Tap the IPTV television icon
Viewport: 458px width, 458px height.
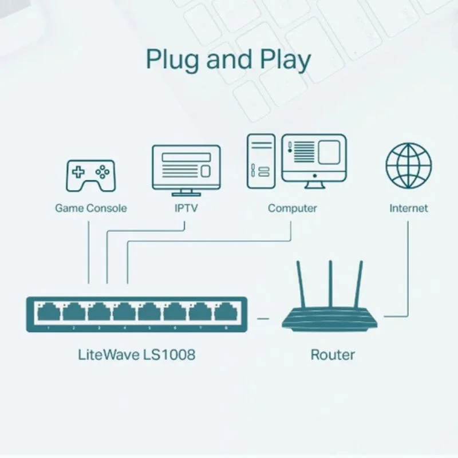[x=185, y=170]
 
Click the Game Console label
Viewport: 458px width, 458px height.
[x=90, y=208]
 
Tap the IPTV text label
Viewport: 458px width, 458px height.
[x=186, y=208]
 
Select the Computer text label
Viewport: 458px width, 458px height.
[x=292, y=208]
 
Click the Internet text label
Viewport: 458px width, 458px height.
[x=408, y=208]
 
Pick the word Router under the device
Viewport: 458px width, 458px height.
[x=333, y=354]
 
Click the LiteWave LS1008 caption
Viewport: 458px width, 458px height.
[x=136, y=354]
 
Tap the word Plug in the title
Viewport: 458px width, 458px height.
[x=173, y=60]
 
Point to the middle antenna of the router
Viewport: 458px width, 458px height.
[x=331, y=283]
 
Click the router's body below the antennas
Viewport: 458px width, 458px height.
[x=331, y=319]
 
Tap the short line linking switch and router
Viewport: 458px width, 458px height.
[x=263, y=317]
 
